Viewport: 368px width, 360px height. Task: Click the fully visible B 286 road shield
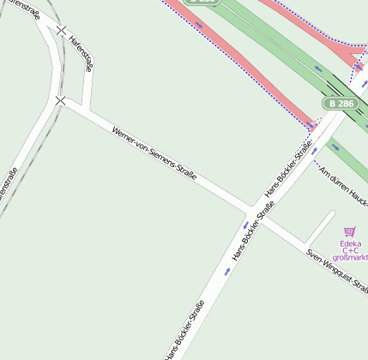pyautogui.click(x=339, y=103)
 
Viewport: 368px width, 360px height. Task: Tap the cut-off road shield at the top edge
pyautogui.click(x=203, y=3)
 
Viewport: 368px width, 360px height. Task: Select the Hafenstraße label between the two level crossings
pyautogui.click(x=81, y=52)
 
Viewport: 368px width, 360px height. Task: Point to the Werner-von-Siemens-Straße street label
pyautogui.click(x=154, y=153)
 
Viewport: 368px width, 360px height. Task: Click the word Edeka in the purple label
pyautogui.click(x=350, y=243)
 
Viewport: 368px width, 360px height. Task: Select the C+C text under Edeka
pyautogui.click(x=350, y=250)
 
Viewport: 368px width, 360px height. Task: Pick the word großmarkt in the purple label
pyautogui.click(x=350, y=258)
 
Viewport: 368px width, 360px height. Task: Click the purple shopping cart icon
pyautogui.click(x=349, y=231)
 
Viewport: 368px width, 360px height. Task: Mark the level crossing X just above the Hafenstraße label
pyautogui.click(x=61, y=30)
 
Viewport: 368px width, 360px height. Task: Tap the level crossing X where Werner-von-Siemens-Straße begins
pyautogui.click(x=60, y=101)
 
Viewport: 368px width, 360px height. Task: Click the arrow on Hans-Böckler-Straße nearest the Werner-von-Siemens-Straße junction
pyautogui.click(x=244, y=225)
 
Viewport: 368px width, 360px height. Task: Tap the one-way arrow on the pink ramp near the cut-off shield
pyautogui.click(x=199, y=24)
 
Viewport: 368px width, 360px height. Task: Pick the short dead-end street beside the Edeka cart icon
pyautogui.click(x=319, y=226)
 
